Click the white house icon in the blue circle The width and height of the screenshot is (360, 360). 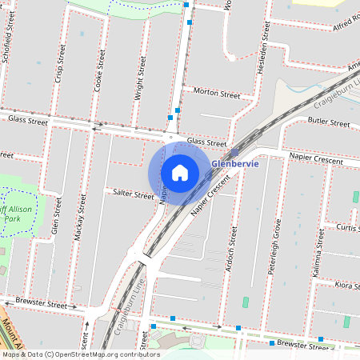point(180,172)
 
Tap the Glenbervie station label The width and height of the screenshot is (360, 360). point(235,165)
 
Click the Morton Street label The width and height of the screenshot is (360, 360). point(217,94)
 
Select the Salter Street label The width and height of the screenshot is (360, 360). point(133,194)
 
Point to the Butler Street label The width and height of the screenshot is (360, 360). point(329,124)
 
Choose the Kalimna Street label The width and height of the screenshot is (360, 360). point(319,250)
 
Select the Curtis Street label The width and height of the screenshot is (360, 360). point(347,228)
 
